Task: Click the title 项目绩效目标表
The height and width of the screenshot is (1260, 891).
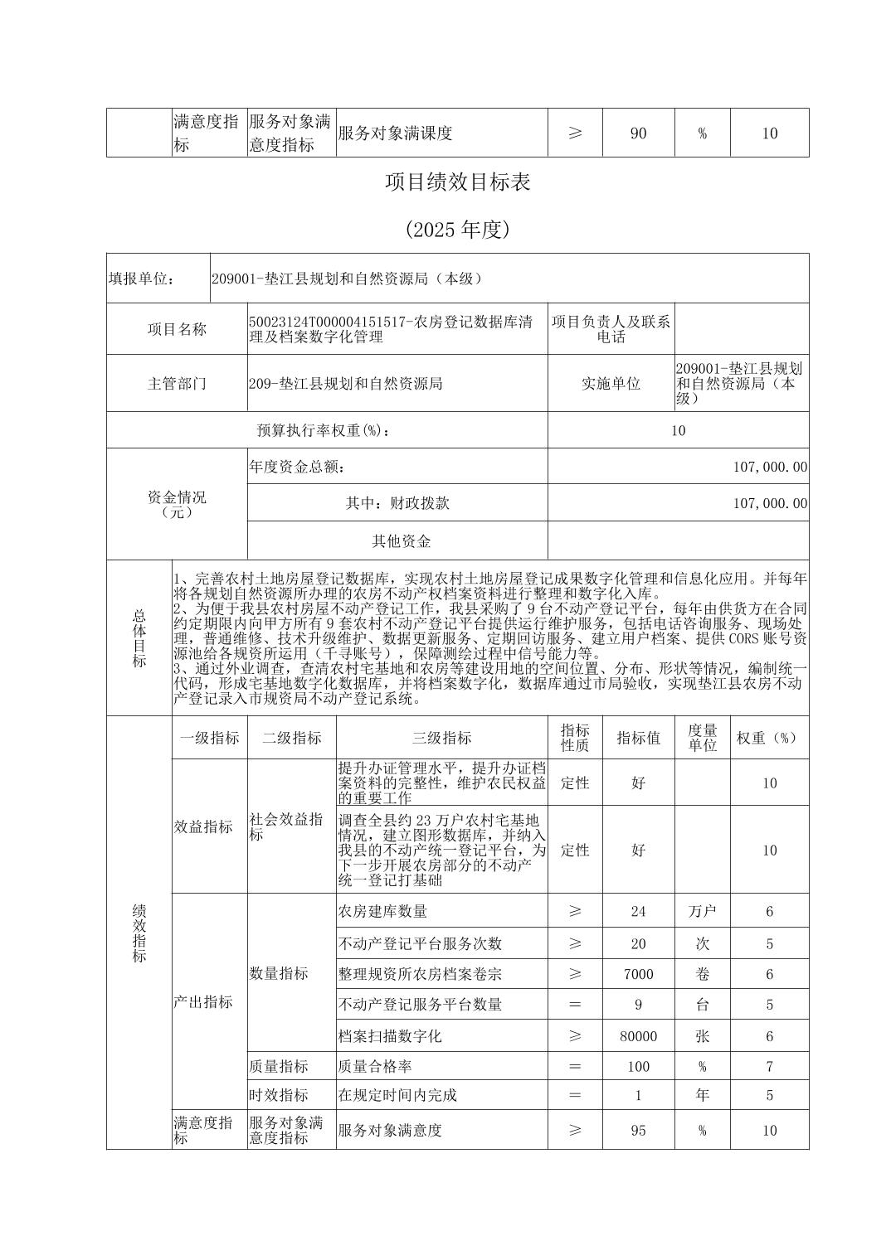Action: pyautogui.click(x=457, y=182)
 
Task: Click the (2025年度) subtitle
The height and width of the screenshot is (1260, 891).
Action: pyautogui.click(x=457, y=230)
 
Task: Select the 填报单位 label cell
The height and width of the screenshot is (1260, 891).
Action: pyautogui.click(x=142, y=279)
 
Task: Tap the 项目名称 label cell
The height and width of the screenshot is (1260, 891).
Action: pyautogui.click(x=177, y=329)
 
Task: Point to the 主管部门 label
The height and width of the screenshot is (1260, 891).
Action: pyautogui.click(x=177, y=384)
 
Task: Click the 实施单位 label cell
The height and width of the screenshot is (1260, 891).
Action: pyautogui.click(x=611, y=384)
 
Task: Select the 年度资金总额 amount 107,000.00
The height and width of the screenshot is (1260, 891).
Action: pyautogui.click(x=770, y=467)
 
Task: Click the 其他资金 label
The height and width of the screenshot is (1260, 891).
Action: pyautogui.click(x=402, y=541)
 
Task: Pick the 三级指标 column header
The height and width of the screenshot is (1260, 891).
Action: pyautogui.click(x=441, y=738)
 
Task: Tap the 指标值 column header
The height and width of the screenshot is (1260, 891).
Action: pyautogui.click(x=638, y=738)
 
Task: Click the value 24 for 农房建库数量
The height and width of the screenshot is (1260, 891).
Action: pyautogui.click(x=638, y=911)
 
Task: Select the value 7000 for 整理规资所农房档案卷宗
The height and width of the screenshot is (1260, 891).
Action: pyautogui.click(x=638, y=974)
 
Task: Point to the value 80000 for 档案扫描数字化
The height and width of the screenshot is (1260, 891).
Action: pyautogui.click(x=638, y=1036)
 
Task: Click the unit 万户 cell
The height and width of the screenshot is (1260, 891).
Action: pyautogui.click(x=702, y=911)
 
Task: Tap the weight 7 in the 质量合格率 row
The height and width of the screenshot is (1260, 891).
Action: pyautogui.click(x=769, y=1066)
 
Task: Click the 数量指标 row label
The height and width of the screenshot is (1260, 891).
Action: pyautogui.click(x=279, y=973)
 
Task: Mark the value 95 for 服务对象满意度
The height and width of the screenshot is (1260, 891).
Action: pyautogui.click(x=638, y=1130)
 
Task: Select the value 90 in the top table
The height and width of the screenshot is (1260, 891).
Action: pyautogui.click(x=638, y=133)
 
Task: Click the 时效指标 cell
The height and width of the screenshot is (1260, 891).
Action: pyautogui.click(x=279, y=1095)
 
